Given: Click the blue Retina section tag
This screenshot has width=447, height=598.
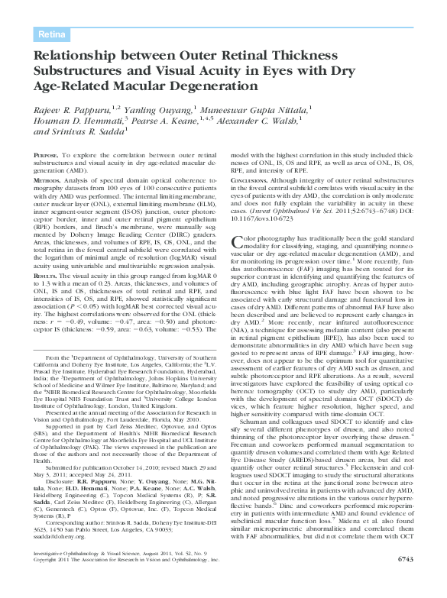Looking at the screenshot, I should pos(52,34).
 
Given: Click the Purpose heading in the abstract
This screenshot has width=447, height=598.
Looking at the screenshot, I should pos(50,155).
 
